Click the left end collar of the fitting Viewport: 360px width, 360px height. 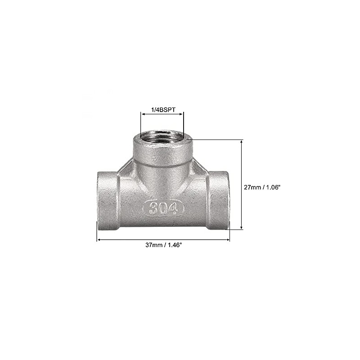click(x=108, y=200)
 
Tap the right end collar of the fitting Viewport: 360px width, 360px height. click(x=218, y=200)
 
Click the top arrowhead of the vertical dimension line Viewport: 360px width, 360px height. click(x=242, y=142)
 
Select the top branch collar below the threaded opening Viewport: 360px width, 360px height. click(x=162, y=153)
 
